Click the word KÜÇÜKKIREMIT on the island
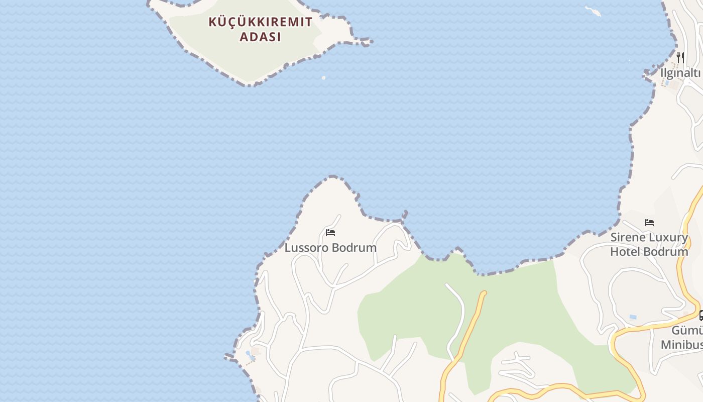click(260, 22)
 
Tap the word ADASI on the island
click(260, 37)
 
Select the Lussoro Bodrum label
click(330, 248)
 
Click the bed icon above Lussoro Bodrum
click(330, 233)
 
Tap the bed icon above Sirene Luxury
click(649, 223)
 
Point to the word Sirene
click(627, 237)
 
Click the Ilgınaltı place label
click(680, 73)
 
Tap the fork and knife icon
click(680, 57)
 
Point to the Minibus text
click(681, 345)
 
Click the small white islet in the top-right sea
click(593, 11)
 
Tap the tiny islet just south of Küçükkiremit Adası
click(323, 78)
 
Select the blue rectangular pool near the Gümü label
click(633, 317)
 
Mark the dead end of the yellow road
click(484, 292)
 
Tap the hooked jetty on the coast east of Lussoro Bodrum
click(404, 215)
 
